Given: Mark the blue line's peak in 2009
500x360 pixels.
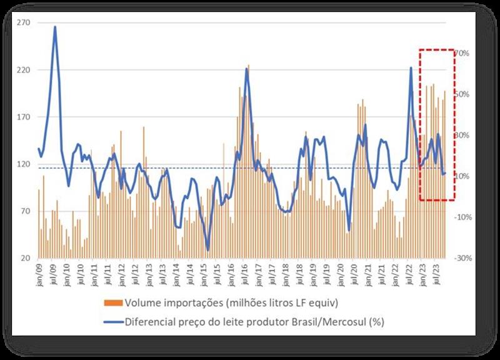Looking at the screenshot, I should click(55, 27).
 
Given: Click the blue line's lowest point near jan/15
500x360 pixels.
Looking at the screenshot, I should click(208, 250).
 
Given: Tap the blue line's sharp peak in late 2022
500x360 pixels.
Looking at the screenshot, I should click(411, 67).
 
